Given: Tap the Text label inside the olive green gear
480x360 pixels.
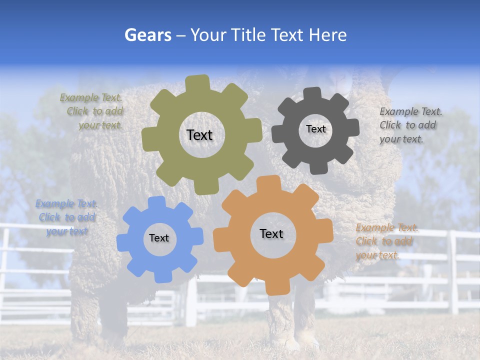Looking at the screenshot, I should coord(199,135).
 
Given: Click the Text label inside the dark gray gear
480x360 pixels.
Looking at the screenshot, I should coord(315,129).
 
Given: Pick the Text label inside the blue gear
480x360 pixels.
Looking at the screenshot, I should coord(159,238).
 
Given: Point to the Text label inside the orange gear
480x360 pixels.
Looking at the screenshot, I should coord(271,233).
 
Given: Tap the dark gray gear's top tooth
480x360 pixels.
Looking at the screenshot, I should coord(312,93).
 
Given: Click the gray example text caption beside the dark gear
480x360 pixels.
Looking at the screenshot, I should coord(409,125).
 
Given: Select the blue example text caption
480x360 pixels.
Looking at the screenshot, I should coord(66,217).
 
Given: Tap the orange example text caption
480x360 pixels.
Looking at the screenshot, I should coord(385,241).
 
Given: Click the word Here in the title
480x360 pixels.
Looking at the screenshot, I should coord(328,35).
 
